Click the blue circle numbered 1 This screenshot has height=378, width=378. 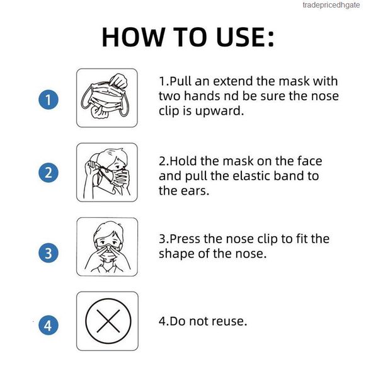pyautogui.click(x=49, y=100)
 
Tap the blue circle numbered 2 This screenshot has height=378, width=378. pyautogui.click(x=49, y=173)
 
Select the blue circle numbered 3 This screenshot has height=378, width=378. pyautogui.click(x=49, y=253)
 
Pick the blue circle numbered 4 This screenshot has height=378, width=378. pyautogui.click(x=49, y=325)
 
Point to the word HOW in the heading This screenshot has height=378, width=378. pyautogui.click(x=132, y=37)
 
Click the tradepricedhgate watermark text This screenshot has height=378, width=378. pyautogui.click(x=331, y=5)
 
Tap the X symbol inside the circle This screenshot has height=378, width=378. pyautogui.click(x=108, y=321)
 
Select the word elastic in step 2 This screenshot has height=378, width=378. pyautogui.click(x=251, y=176)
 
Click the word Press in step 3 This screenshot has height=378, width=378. pyautogui.click(x=185, y=239)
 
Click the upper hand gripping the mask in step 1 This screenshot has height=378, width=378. pyautogui.click(x=118, y=81)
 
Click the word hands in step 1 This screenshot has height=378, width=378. pyautogui.click(x=202, y=96)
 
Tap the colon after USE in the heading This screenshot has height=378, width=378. pyautogui.click(x=271, y=39)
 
